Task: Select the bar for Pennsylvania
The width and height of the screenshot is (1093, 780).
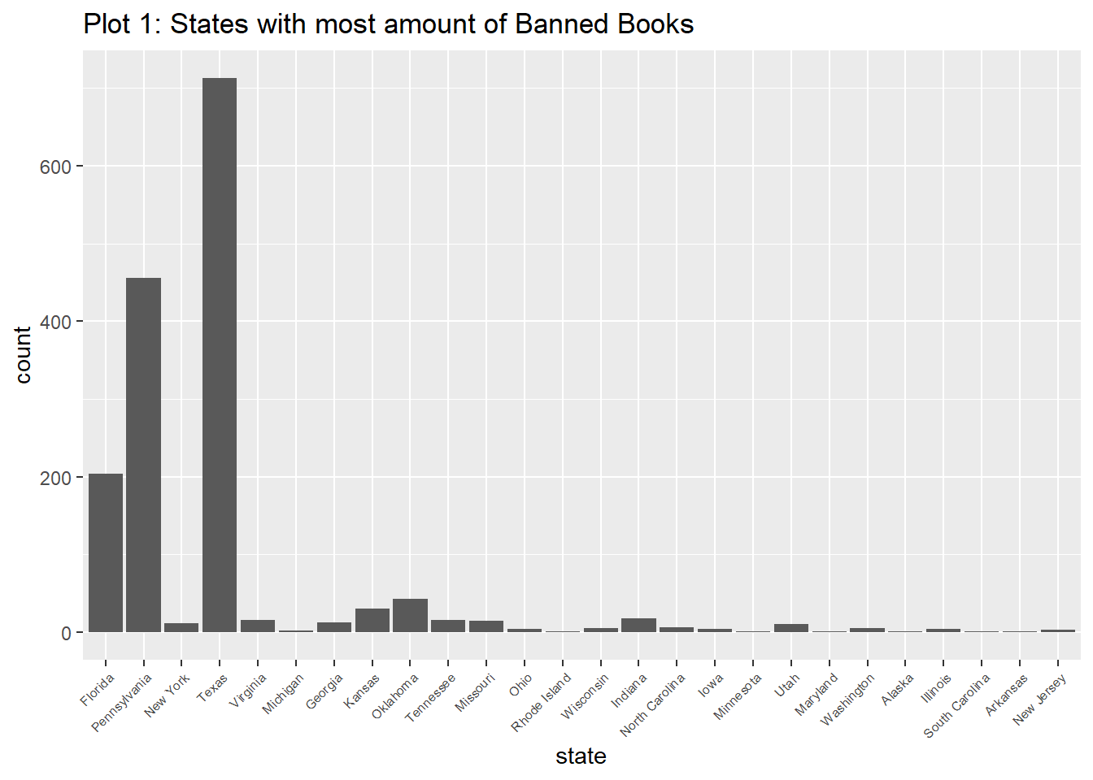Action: (x=143, y=455)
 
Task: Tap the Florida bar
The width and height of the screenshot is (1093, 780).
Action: (x=106, y=552)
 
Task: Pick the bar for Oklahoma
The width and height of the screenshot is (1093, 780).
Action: (x=410, y=616)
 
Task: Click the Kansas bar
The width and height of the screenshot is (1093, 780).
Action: (x=372, y=621)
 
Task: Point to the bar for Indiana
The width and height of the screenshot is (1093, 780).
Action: (x=638, y=626)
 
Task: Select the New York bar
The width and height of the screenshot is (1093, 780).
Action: (x=181, y=628)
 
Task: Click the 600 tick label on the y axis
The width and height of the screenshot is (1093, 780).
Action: (x=55, y=167)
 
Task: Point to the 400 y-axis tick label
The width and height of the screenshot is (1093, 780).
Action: (x=55, y=322)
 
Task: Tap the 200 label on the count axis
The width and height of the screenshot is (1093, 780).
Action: (x=55, y=478)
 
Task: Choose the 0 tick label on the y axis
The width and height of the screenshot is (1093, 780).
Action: (x=66, y=634)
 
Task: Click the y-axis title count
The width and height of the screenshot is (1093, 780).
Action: (x=23, y=355)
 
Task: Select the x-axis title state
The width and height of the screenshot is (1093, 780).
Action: (x=581, y=756)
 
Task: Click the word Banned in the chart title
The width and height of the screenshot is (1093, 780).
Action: (x=564, y=24)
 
